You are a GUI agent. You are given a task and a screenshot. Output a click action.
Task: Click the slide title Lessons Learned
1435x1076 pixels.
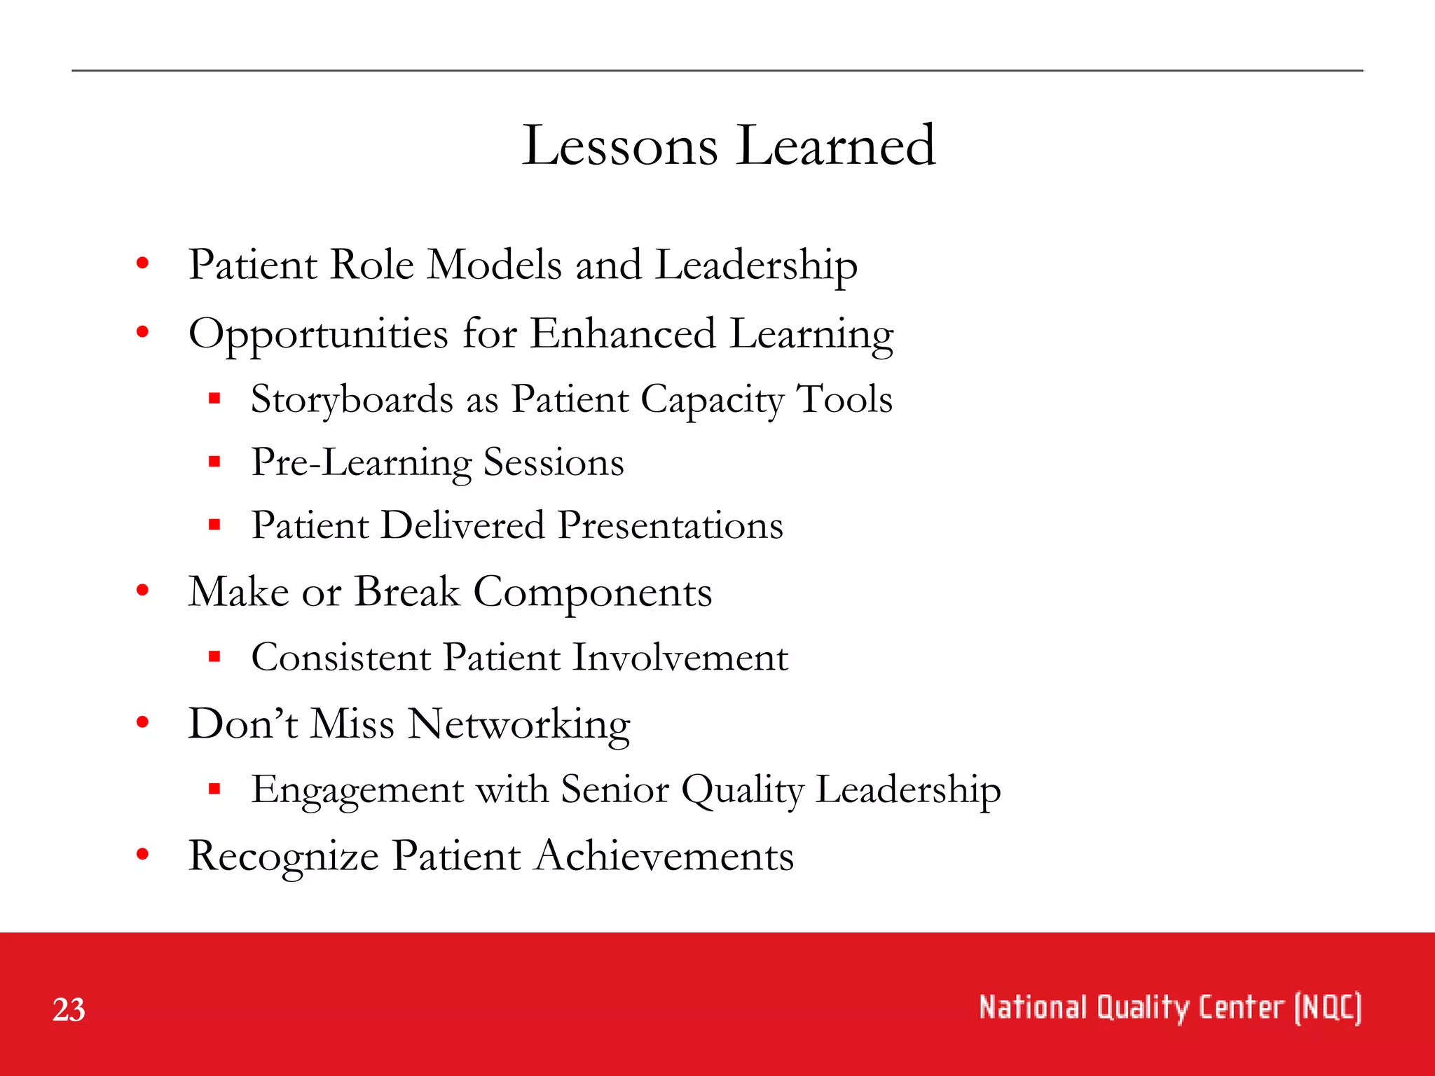coord(729,145)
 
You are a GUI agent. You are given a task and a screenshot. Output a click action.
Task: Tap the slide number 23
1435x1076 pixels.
coord(69,1010)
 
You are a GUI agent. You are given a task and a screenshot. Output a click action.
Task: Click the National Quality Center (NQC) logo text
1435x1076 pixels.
coord(1169,1008)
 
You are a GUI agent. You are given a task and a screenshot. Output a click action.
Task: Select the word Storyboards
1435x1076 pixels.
coord(352,401)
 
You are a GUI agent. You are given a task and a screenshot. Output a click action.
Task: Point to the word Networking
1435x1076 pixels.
coord(519,725)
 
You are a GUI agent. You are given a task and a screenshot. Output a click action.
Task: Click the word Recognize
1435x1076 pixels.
coord(284,857)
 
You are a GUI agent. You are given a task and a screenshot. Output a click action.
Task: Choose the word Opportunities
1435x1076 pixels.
coord(318,335)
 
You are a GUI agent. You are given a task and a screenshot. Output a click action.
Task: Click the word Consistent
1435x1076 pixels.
coord(341,658)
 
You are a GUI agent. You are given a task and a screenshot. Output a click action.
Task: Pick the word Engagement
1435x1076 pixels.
coord(357,790)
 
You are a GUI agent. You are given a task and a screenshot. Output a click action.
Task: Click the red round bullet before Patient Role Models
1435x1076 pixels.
coord(143,263)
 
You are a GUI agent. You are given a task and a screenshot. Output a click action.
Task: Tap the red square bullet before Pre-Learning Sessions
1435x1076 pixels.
coord(214,462)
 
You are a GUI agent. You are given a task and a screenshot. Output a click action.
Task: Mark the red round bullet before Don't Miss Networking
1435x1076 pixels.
coord(143,722)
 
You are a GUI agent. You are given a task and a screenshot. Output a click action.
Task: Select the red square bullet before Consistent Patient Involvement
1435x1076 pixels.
coord(214,656)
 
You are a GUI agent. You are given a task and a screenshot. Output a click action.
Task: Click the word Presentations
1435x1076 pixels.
coord(671,526)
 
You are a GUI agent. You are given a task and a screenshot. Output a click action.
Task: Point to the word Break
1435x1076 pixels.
coord(407,592)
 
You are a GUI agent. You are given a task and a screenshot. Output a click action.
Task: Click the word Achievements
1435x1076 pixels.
coord(664,857)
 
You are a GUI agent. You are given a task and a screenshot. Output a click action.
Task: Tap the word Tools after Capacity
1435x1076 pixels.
coord(844,399)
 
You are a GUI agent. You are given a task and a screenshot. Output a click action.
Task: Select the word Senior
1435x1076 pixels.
coord(614,790)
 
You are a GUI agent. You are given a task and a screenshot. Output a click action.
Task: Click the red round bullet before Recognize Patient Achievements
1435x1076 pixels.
coord(143,854)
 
